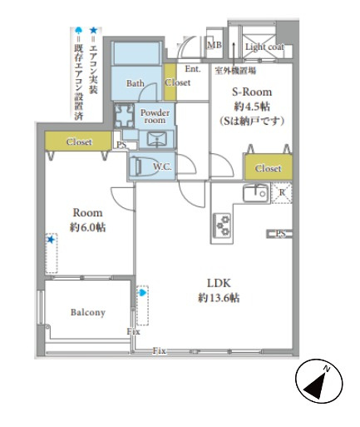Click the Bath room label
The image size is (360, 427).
[135, 84]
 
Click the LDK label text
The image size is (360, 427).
[219, 281]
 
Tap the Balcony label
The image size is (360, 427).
[86, 312]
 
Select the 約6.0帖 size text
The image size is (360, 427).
[87, 227]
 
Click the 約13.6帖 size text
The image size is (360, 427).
[219, 297]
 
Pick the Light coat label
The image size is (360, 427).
[264, 47]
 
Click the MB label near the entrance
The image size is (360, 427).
[214, 46]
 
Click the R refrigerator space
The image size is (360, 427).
[282, 192]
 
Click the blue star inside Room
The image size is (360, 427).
[50, 240]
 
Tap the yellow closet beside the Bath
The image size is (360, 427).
[171, 82]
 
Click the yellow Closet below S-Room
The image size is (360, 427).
[268, 167]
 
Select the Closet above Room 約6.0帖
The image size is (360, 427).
[78, 142]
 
